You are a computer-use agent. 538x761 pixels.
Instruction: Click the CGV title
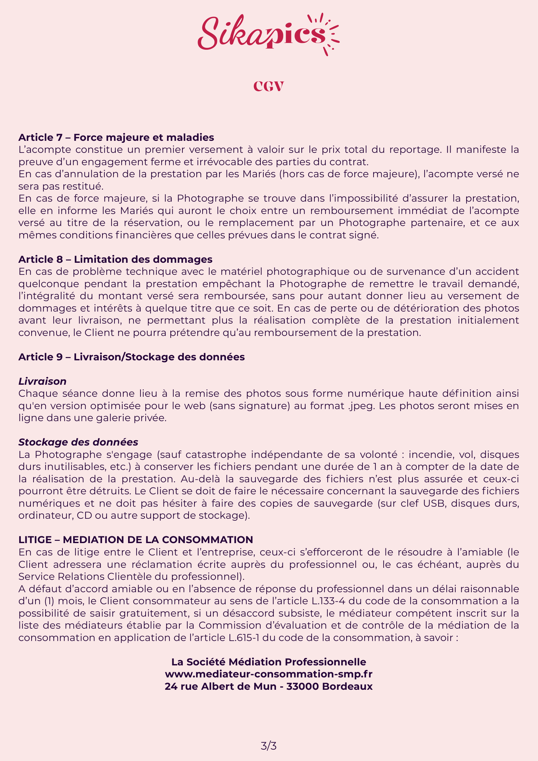(x=269, y=87)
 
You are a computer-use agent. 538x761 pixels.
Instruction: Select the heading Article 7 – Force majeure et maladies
(x=116, y=137)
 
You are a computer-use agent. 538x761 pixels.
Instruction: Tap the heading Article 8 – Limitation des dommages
(x=115, y=259)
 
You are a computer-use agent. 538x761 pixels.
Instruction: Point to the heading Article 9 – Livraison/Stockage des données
(x=132, y=357)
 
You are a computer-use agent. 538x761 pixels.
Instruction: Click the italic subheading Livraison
(x=42, y=381)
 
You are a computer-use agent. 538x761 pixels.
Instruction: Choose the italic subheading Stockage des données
(x=78, y=442)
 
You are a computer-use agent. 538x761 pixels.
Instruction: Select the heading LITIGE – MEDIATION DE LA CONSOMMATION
(x=136, y=540)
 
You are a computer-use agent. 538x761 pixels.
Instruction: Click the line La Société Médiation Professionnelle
(x=269, y=662)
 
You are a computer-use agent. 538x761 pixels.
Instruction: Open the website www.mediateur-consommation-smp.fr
(x=269, y=674)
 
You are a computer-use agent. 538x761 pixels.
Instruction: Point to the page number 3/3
(x=269, y=746)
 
